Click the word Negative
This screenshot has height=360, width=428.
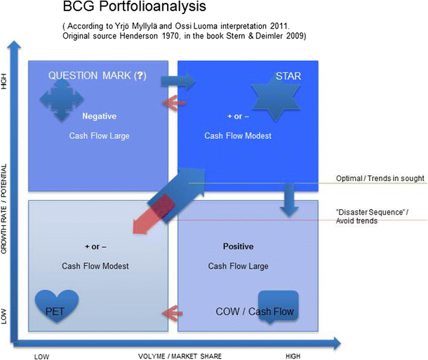tap(98, 116)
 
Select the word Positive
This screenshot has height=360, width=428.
tap(237, 246)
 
